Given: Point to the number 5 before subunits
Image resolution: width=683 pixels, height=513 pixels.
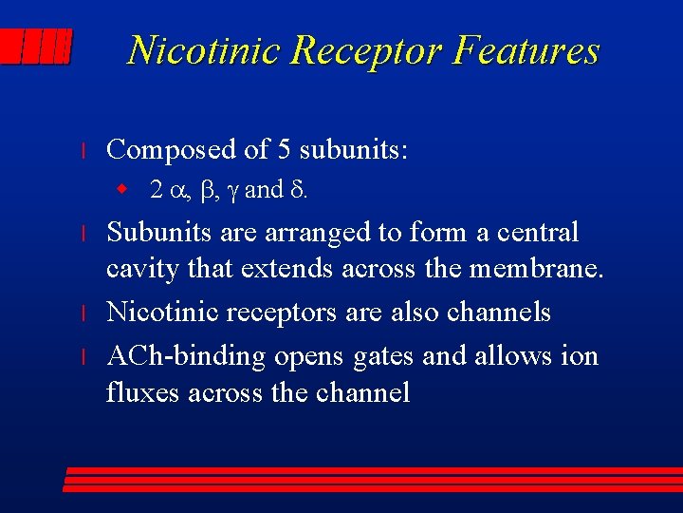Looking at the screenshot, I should point(283,149).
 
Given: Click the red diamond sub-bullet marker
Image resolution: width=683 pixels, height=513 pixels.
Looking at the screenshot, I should point(121,190).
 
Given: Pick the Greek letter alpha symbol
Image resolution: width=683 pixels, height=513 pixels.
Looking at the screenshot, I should point(179,191).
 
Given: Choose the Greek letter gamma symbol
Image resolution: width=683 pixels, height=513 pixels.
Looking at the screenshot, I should point(235,192).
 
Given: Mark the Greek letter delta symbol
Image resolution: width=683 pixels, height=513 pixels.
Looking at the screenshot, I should point(296,190).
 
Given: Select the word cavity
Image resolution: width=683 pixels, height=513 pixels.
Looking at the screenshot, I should point(138,271).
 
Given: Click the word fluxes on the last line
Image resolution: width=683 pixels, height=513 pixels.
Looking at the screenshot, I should point(145,392).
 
